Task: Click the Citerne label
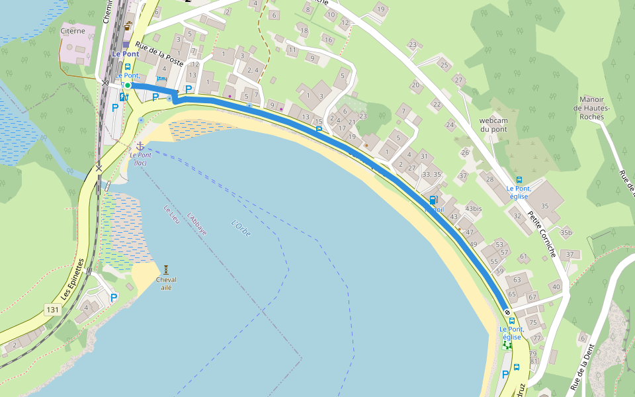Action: coord(72,30)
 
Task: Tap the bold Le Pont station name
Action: coord(125,54)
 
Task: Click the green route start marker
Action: coord(128,85)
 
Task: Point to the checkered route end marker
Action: coord(507,312)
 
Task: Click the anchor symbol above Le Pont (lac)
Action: coord(140,145)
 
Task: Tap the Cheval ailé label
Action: coord(166,283)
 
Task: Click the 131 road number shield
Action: coord(53,309)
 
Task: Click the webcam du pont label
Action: coord(493,124)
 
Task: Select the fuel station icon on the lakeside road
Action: coord(433,200)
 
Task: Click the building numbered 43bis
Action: coord(474,208)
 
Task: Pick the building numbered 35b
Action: coord(566,232)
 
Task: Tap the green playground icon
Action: coord(507,345)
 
